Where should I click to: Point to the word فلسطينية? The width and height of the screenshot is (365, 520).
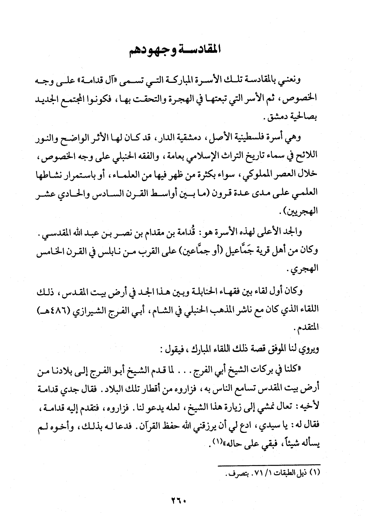point(260,137)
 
